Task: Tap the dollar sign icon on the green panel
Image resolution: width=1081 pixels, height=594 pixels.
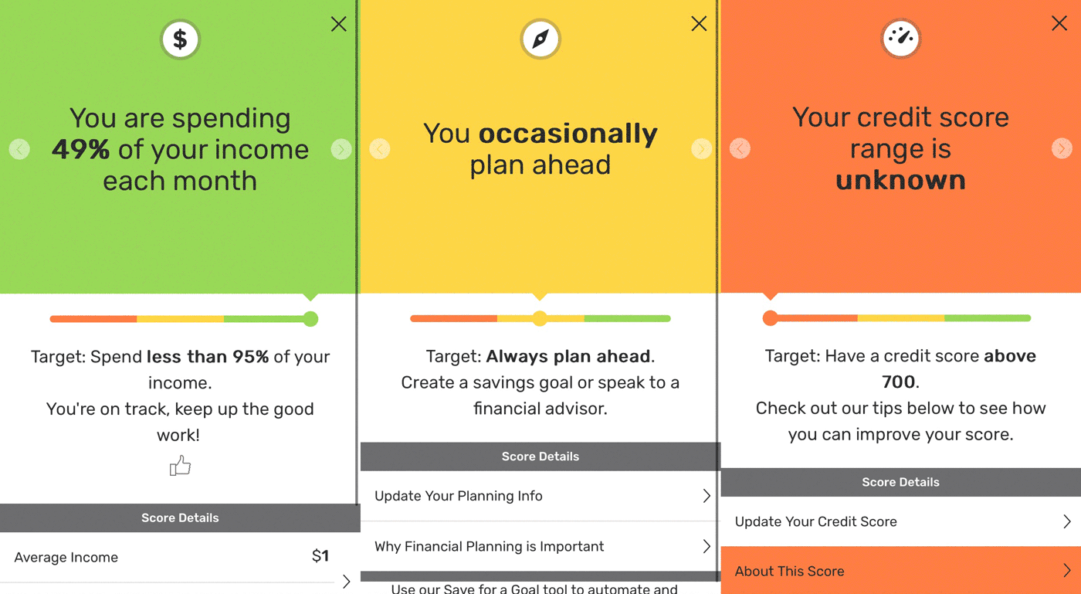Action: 180,39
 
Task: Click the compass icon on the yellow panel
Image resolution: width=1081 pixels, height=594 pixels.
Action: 540,39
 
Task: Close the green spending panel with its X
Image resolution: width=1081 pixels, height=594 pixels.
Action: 338,25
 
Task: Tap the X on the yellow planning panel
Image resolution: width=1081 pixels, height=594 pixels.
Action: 699,24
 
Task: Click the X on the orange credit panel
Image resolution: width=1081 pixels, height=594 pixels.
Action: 1059,24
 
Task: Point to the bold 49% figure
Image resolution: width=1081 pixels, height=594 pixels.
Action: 81,149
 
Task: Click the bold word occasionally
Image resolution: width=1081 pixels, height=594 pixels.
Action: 568,134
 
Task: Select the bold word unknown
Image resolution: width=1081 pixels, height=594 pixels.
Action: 900,180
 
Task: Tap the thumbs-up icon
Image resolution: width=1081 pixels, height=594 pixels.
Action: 180,466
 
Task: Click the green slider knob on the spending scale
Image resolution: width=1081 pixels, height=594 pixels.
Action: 310,319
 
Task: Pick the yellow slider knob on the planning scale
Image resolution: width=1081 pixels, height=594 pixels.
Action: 540,318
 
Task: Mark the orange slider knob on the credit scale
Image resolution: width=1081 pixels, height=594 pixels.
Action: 770,318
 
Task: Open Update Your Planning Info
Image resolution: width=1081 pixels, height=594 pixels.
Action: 540,496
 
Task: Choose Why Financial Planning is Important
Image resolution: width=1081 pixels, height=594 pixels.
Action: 540,546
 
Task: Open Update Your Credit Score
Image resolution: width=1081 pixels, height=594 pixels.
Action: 900,521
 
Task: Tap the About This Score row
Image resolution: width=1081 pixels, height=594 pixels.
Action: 900,571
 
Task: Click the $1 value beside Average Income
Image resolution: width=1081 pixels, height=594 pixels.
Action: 320,556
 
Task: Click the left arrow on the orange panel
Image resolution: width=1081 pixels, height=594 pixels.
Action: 740,148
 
